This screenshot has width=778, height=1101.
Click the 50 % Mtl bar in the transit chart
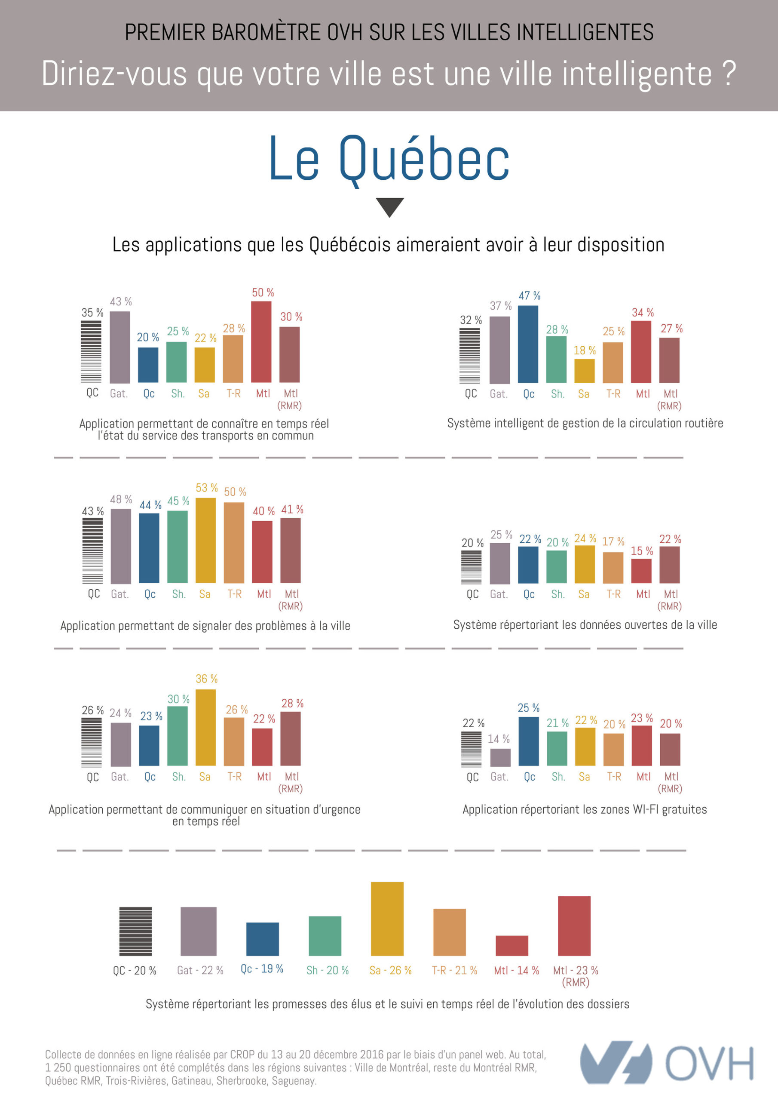[x=261, y=341]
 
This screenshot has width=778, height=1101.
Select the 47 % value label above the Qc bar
[x=529, y=295]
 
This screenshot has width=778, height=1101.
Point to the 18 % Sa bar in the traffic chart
[x=584, y=371]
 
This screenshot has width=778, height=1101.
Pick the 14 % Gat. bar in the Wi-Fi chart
[x=500, y=757]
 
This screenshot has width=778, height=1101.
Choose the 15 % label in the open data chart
[x=641, y=551]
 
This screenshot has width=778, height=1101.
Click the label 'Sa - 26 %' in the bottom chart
[x=390, y=970]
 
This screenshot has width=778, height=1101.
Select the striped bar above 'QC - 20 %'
[x=136, y=931]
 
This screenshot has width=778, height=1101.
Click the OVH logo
[x=666, y=1063]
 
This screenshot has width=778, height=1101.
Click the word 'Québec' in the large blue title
[x=424, y=158]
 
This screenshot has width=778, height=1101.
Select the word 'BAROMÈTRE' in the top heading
[x=266, y=33]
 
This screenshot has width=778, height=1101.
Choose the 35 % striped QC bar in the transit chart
[x=91, y=351]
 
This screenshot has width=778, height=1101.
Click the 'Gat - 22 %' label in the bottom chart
[x=200, y=970]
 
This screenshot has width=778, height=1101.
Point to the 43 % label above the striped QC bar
[x=92, y=511]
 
